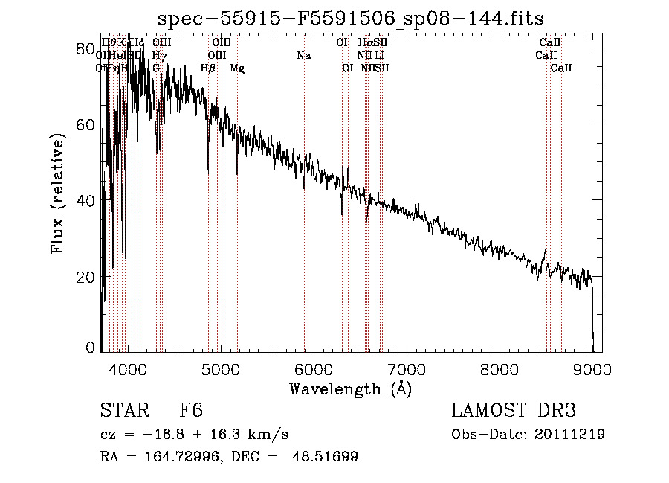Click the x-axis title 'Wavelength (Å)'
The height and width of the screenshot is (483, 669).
[350, 389]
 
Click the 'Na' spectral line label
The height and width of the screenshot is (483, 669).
[303, 56]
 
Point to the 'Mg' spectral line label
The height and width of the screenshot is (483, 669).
[237, 68]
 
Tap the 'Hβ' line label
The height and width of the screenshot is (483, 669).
[208, 68]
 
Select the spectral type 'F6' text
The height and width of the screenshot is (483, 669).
[191, 412]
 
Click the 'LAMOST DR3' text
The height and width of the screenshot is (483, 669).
[513, 412]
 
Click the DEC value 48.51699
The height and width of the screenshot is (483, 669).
[326, 457]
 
